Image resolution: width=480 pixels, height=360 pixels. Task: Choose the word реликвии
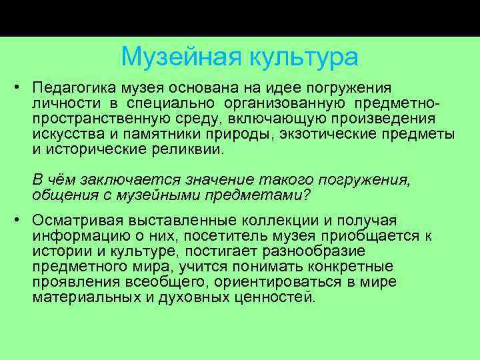[191, 150]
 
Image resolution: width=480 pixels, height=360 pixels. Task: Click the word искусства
[64, 135]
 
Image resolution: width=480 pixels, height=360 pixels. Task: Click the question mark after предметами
[307, 196]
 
